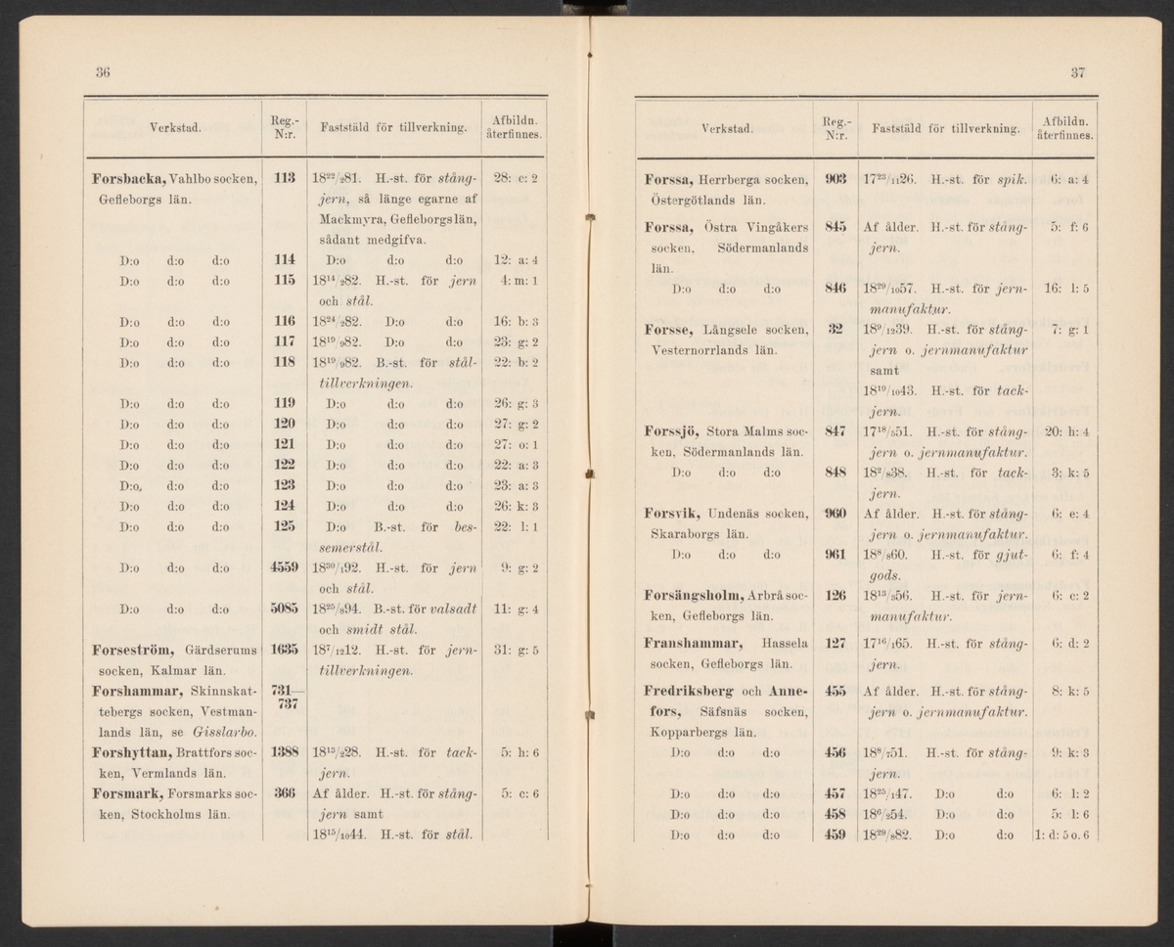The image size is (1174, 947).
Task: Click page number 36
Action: [102, 71]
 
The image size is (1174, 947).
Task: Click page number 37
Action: [1077, 71]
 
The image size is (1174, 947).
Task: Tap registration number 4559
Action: [285, 566]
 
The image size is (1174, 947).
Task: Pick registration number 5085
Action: [285, 609]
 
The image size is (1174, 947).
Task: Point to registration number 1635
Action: [285, 649]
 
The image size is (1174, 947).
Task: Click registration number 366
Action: [285, 793]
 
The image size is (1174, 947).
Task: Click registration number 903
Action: [835, 179]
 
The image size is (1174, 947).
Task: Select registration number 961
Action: [835, 555]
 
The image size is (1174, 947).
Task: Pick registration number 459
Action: [835, 834]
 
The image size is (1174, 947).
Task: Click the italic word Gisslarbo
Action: [228, 731]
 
